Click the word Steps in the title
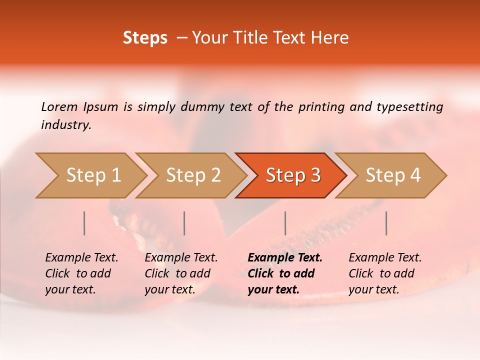145,38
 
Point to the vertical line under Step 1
84,223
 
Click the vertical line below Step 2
184,223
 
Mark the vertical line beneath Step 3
285,223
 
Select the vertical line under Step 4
386,223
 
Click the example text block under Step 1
81,273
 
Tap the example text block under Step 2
181,273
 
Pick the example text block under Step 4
385,273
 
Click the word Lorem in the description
59,106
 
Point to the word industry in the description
66,124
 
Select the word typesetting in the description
409,106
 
